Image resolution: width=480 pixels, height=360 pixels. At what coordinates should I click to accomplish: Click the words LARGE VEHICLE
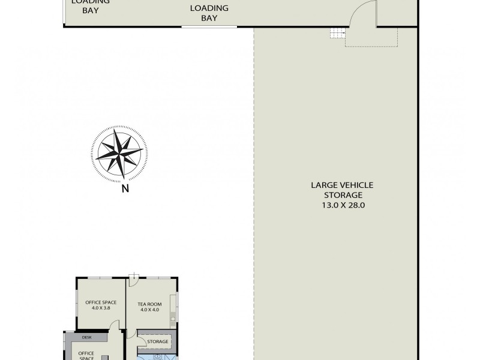(x=342, y=185)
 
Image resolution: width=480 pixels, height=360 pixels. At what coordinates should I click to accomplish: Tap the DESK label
(x=87, y=338)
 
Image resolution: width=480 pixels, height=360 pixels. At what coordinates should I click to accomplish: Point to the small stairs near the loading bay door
(x=338, y=34)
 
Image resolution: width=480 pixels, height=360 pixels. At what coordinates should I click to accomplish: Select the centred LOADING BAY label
(x=209, y=13)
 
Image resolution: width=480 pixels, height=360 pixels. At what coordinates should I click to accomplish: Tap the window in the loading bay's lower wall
(x=209, y=26)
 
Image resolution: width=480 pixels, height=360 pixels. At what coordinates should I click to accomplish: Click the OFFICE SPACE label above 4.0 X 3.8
(x=100, y=302)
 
